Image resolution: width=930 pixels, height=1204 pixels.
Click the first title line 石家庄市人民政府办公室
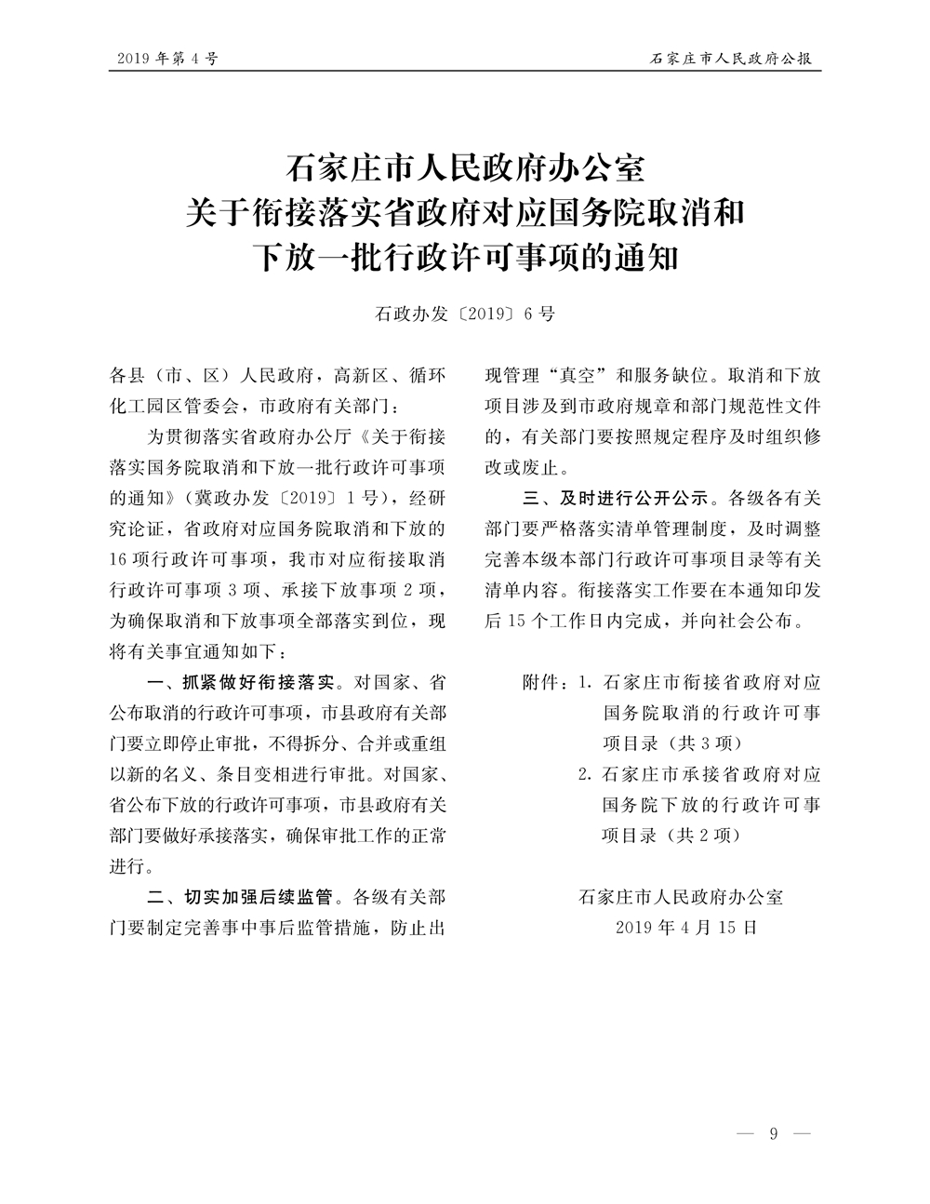coord(464,170)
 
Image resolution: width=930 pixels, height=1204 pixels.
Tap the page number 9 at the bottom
coord(774,1133)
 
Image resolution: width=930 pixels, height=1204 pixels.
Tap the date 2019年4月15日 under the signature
coord(687,927)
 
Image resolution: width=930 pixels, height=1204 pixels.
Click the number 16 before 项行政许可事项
coord(120,560)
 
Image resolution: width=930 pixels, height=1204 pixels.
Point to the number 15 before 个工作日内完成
coord(518,621)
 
